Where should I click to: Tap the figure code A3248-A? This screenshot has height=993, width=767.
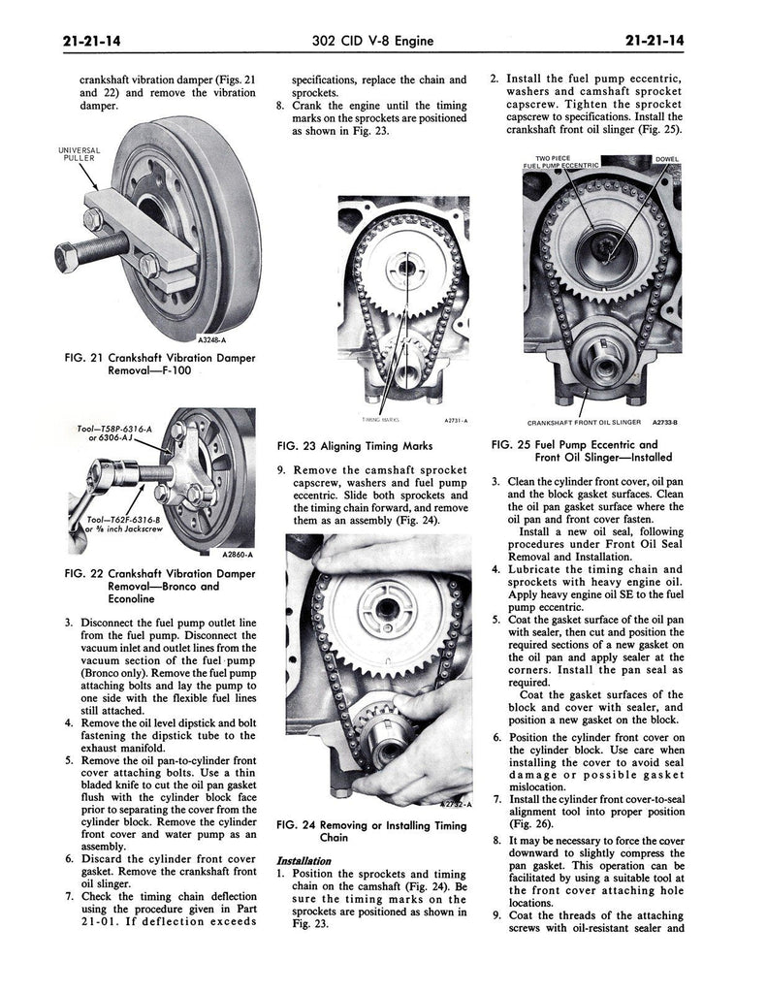click(x=214, y=340)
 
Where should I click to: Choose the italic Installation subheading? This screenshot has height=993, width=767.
click(x=304, y=860)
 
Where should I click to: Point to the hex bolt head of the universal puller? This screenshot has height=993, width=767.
click(x=69, y=258)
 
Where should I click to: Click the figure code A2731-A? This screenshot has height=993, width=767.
click(x=456, y=421)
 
